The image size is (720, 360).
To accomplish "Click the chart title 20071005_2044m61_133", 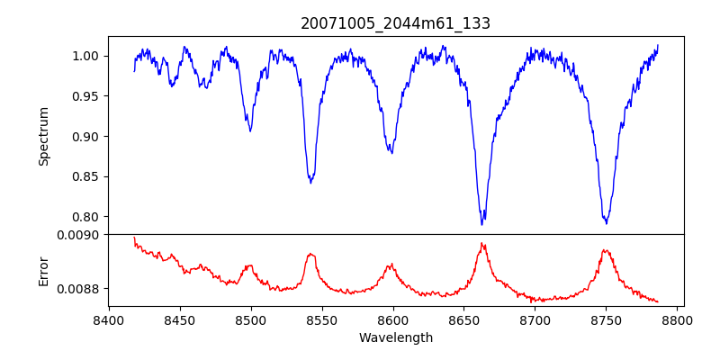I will click(395, 23).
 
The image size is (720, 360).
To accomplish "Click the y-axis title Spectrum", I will click(43, 136).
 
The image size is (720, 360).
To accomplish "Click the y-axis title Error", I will click(43, 270).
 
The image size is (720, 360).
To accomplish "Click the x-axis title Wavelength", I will click(395, 337).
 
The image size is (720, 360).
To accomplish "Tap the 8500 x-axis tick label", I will click(251, 319).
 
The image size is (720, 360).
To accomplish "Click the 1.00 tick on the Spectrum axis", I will click(87, 56).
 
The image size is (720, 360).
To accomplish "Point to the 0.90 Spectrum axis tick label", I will click(87, 137).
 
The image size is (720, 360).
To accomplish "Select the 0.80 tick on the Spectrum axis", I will click(87, 217).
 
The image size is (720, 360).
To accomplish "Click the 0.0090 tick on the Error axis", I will click(80, 235).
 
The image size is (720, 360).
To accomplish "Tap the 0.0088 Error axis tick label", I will click(80, 288).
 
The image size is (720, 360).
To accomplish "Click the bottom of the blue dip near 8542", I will click(310, 183).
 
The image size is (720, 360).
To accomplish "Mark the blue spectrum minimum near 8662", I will click(482, 223).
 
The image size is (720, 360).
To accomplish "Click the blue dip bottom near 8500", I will click(250, 131).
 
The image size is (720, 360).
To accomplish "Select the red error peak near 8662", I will click(482, 243).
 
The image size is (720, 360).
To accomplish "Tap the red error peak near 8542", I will click(310, 254).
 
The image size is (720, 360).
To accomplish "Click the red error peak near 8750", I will click(606, 250).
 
